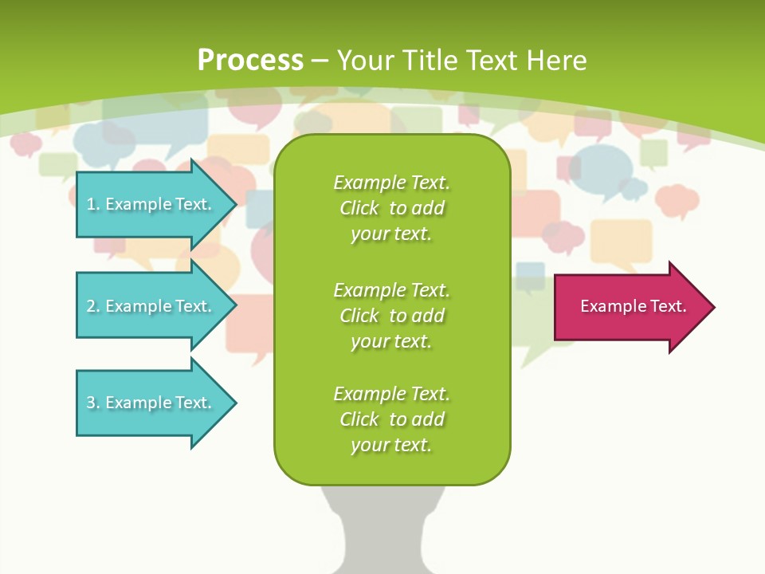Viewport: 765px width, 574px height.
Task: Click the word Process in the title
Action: click(250, 60)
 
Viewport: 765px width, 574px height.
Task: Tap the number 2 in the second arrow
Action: click(92, 306)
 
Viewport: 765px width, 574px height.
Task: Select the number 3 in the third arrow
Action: click(92, 403)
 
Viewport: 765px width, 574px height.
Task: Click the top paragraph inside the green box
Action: click(391, 208)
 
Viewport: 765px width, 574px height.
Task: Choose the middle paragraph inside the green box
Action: click(391, 315)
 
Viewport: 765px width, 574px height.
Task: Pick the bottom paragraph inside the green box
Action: click(391, 419)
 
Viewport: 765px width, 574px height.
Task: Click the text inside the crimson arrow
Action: click(634, 306)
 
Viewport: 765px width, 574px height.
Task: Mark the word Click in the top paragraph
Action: click(359, 209)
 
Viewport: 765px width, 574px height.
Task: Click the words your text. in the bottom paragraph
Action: click(391, 445)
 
